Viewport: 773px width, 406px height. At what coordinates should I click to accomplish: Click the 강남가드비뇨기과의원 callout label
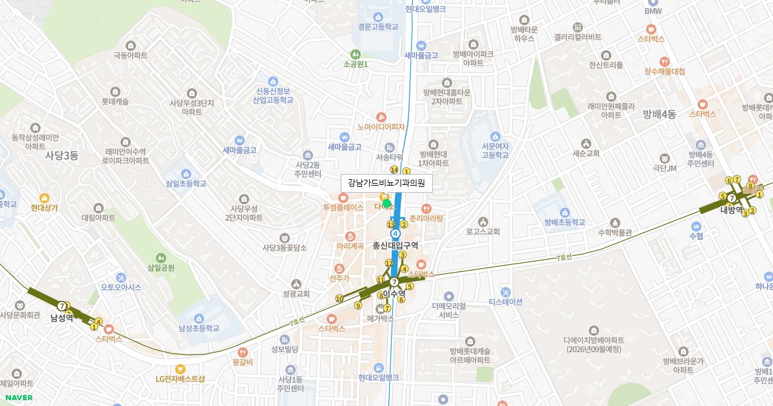[x=386, y=183]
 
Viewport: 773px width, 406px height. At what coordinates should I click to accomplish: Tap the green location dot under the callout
[x=387, y=204]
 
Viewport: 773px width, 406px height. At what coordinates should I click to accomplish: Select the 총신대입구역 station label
[x=396, y=245]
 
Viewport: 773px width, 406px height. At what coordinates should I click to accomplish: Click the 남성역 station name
[x=62, y=318]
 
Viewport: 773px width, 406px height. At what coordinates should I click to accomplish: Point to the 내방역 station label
[x=732, y=210]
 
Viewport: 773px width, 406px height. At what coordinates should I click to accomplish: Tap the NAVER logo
[x=19, y=398]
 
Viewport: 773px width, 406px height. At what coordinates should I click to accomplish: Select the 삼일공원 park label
[x=161, y=267]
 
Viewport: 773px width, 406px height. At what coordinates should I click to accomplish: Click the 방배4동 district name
[x=659, y=114]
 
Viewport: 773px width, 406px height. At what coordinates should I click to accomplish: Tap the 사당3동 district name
[x=61, y=155]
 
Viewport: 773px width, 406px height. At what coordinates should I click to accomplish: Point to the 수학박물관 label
[x=615, y=233]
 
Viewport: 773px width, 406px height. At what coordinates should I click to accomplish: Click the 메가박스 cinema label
[x=380, y=318]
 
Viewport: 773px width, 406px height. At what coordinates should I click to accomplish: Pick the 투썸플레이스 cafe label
[x=343, y=208]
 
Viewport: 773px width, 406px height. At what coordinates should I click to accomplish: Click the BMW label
[x=654, y=11]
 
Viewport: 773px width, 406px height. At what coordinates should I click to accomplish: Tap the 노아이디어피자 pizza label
[x=381, y=126]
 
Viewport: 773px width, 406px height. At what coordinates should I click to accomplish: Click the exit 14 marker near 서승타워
[x=394, y=169]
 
